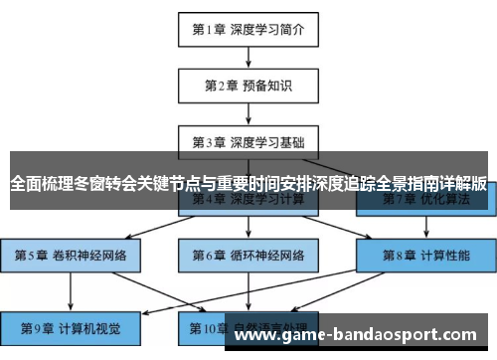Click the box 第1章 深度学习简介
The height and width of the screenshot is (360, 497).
pyautogui.click(x=248, y=29)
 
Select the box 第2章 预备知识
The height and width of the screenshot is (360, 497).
pyautogui.click(x=248, y=86)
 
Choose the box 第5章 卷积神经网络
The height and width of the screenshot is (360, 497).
pyautogui.click(x=71, y=255)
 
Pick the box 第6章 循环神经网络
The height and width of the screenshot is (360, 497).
pyautogui.click(x=248, y=255)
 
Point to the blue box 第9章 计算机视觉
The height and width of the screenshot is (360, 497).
pyautogui.click(x=71, y=327)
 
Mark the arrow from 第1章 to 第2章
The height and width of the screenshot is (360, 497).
pyautogui.click(x=248, y=57)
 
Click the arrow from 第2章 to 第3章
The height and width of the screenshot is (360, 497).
pyautogui.click(x=248, y=111)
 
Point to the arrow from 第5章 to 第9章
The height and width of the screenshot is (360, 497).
pyautogui.click(x=71, y=290)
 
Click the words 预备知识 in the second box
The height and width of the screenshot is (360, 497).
pyautogui.click(x=266, y=86)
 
